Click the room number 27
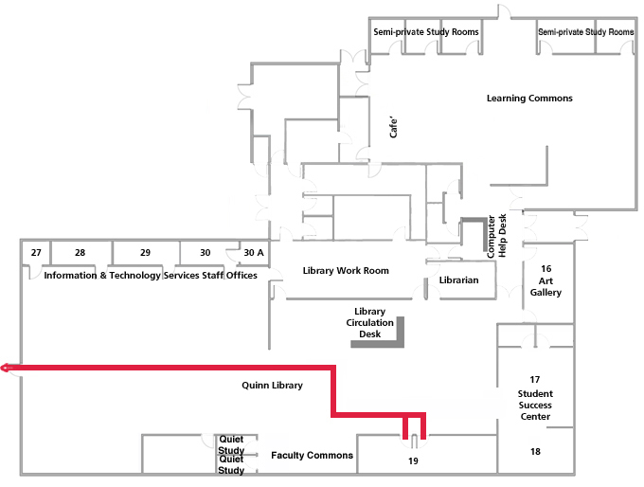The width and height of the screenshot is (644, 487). [36, 253]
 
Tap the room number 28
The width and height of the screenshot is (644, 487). [80, 253]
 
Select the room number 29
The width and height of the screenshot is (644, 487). [145, 253]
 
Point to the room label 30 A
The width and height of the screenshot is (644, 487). [253, 253]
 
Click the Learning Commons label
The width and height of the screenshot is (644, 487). [529, 99]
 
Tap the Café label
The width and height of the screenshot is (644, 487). [395, 128]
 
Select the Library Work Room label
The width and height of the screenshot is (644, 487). [346, 271]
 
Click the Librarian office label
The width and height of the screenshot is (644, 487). [459, 280]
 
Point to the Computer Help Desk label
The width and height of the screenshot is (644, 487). [496, 236]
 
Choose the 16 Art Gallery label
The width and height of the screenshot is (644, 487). [546, 280]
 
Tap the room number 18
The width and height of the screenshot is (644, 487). [536, 452]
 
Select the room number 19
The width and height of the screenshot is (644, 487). [413, 461]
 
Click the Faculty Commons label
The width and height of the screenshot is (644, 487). [312, 456]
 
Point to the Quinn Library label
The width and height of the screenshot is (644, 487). [272, 386]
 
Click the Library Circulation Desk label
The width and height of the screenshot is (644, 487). [369, 323]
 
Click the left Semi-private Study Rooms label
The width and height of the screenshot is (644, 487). [425, 32]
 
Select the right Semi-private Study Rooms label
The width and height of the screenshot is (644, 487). [585, 32]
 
